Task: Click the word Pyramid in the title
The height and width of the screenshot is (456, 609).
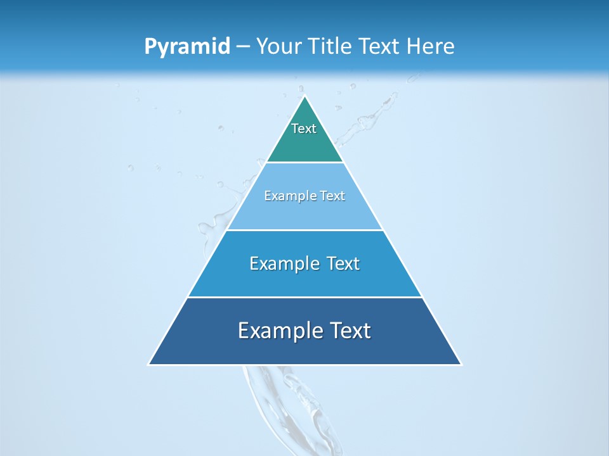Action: coord(187,47)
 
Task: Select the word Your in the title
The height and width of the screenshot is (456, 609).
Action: coord(277,47)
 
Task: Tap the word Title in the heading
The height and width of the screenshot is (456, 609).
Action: coord(331,47)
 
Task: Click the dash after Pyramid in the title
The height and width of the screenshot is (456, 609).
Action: coord(243,47)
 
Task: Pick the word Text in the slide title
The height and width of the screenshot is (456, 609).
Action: coord(379,47)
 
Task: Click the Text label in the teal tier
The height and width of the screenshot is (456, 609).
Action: coord(304,129)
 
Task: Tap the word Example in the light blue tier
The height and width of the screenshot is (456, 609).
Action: coord(289,196)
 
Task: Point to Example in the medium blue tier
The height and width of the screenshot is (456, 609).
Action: coord(282,263)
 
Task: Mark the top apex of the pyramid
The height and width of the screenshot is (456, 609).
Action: coord(305,96)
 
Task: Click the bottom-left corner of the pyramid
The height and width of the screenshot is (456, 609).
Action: coord(149,364)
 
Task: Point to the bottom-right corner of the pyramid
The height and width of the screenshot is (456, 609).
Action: coord(461,364)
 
